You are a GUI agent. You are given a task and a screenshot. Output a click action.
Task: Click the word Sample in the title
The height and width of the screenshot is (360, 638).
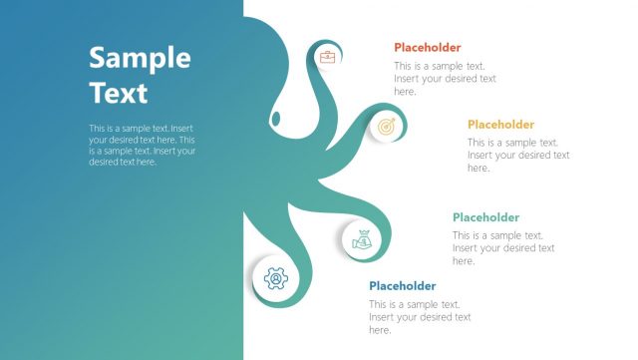tap(140, 58)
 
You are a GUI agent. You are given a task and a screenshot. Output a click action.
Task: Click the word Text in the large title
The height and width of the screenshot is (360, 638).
tap(118, 93)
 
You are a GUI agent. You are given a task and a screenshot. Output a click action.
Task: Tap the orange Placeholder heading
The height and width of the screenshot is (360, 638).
tap(427, 47)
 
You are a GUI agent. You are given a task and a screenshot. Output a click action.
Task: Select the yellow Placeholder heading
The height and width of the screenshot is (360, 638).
tap(500, 125)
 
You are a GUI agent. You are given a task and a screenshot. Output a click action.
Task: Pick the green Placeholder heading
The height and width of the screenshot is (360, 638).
tap(485, 217)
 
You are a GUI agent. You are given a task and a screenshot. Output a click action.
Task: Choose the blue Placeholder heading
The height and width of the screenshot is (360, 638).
tap(402, 286)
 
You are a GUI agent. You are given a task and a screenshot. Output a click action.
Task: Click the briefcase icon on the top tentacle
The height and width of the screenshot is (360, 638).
tap(327, 57)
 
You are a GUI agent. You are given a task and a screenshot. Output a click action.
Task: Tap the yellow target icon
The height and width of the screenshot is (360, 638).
tap(386, 127)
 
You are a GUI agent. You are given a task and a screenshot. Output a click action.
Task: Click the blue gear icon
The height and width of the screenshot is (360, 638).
tap(275, 279)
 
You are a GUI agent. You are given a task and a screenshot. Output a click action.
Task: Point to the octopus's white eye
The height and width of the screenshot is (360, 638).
tap(276, 120)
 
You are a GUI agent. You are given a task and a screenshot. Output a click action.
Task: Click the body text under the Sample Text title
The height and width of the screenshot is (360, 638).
tap(142, 145)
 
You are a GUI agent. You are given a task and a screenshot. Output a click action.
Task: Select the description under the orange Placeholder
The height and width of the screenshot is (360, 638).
tap(445, 79)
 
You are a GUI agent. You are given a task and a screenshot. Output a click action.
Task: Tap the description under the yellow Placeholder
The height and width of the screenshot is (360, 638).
tap(518, 156)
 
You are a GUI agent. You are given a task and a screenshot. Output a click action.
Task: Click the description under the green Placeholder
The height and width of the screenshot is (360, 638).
tap(503, 248)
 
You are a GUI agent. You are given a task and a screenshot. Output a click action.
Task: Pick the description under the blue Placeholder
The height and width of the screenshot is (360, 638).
tap(420, 317)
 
